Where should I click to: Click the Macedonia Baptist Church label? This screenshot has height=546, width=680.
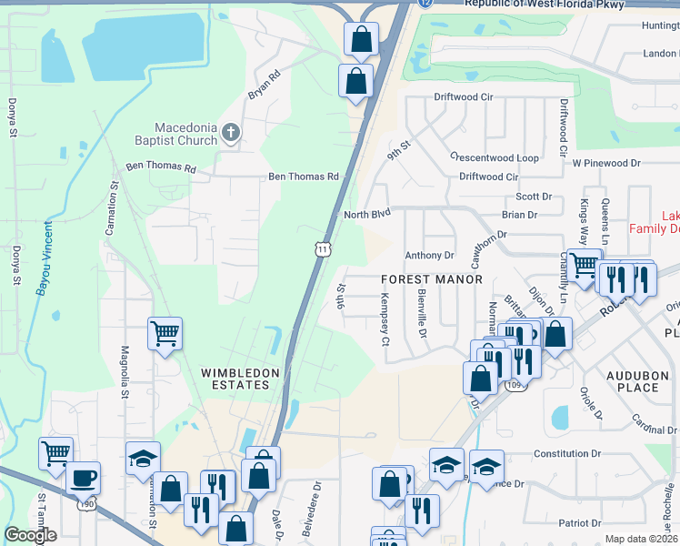[x=185, y=134]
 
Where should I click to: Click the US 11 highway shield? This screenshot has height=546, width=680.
[x=323, y=248]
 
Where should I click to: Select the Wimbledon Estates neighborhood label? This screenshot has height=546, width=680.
[x=235, y=379]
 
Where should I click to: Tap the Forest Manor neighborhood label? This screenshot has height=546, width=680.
[x=432, y=279]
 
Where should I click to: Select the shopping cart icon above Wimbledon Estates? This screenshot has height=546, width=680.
[x=165, y=333]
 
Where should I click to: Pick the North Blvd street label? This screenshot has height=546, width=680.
[x=366, y=215]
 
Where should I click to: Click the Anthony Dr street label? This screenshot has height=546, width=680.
[x=429, y=256]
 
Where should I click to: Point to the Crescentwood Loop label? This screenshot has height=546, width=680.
[x=495, y=157]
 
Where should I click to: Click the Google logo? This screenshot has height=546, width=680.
[x=30, y=535]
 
